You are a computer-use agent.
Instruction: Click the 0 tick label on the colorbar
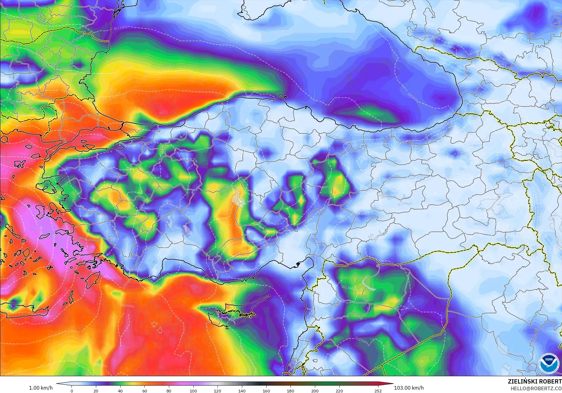click(72, 391)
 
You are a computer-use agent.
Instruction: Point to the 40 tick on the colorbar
click(120, 391)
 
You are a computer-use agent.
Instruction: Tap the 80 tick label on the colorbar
click(169, 391)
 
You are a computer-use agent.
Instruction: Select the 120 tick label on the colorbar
click(217, 391)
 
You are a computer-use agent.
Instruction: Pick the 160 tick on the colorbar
click(266, 391)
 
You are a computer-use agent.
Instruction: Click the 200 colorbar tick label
click(315, 391)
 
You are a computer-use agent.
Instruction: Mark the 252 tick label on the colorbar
click(378, 391)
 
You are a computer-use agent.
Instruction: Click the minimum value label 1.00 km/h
click(41, 388)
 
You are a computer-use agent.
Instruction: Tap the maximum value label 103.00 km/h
click(409, 388)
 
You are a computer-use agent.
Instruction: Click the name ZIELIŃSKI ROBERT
click(535, 381)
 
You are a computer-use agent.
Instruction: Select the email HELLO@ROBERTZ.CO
click(536, 388)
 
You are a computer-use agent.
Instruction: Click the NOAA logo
click(549, 363)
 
